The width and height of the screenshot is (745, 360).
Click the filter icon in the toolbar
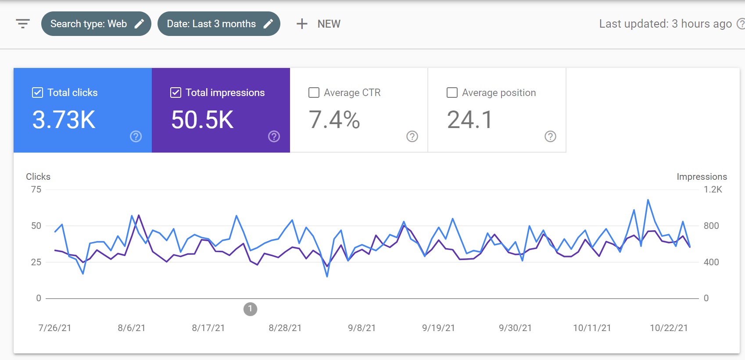click(23, 24)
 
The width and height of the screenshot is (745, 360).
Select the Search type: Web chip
click(96, 24)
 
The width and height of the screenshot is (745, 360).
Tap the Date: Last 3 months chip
click(219, 24)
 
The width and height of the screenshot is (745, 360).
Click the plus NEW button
click(318, 24)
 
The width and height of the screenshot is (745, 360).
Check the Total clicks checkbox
click(38, 93)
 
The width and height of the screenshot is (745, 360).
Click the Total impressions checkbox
click(176, 93)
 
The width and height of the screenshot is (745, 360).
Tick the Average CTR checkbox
click(314, 93)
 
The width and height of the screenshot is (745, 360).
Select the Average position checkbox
click(451, 93)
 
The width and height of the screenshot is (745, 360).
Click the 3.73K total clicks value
click(64, 120)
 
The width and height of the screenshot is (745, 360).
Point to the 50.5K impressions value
click(202, 120)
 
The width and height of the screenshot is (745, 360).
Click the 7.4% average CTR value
click(334, 120)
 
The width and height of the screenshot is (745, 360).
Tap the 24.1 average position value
click(469, 120)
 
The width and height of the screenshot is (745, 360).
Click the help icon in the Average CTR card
click(412, 136)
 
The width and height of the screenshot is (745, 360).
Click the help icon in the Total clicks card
click(136, 136)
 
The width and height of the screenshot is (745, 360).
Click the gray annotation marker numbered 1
click(250, 309)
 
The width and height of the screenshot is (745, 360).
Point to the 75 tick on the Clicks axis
click(36, 189)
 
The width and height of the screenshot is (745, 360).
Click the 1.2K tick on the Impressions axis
click(713, 189)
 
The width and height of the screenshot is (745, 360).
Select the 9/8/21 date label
click(362, 328)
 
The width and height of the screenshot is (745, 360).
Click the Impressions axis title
click(702, 177)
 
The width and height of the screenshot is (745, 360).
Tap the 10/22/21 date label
click(669, 328)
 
